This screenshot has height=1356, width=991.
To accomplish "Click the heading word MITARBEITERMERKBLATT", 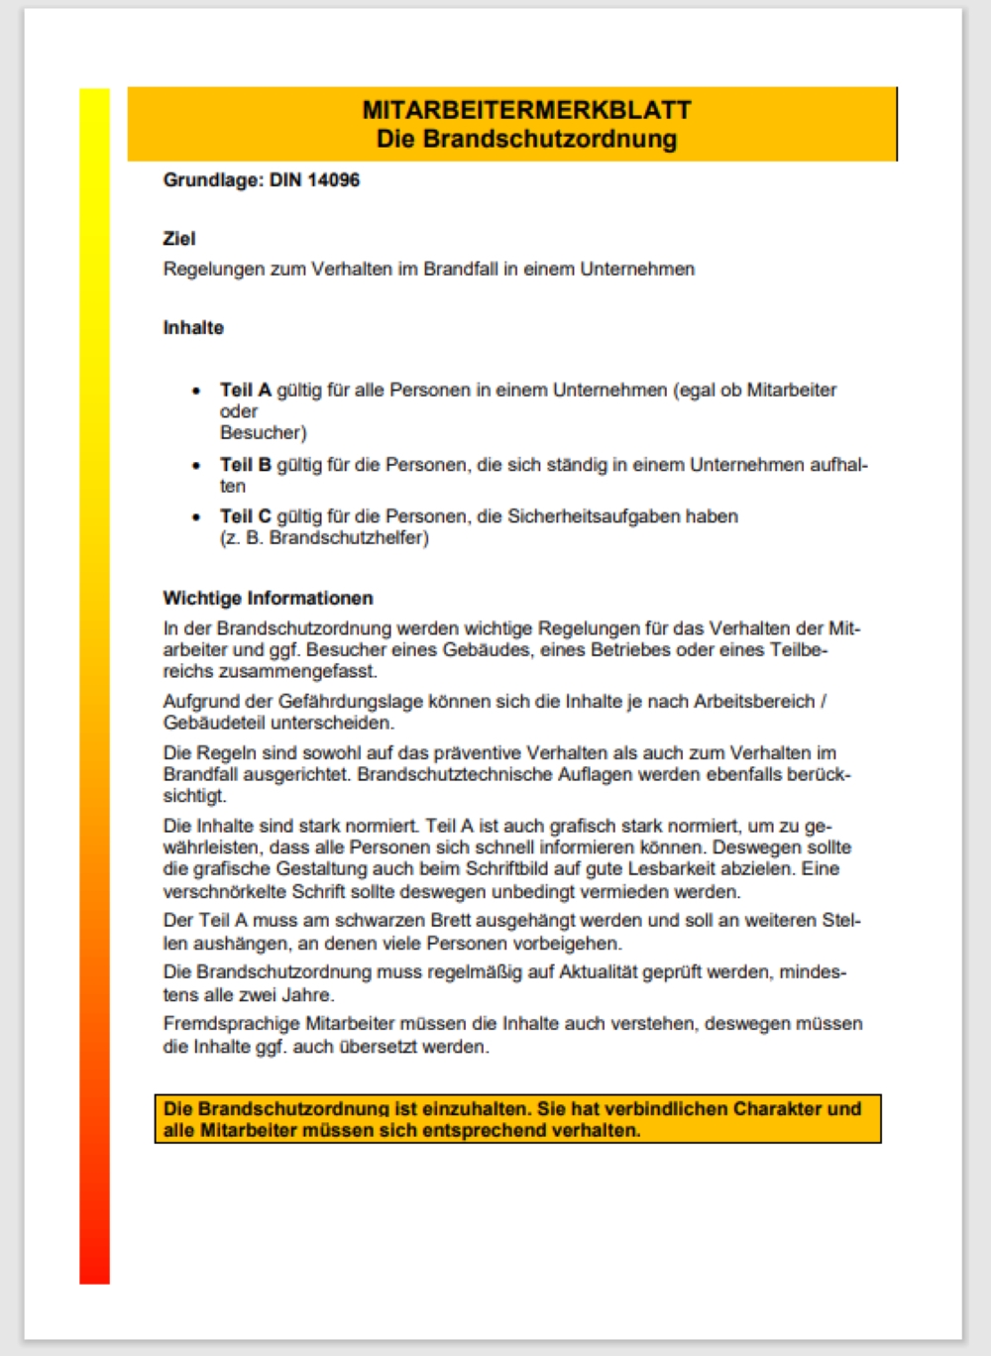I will click(x=526, y=110).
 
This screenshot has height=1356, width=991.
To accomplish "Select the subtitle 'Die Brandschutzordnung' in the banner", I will click(x=526, y=139).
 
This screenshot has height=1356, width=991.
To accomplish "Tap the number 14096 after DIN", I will click(x=333, y=180).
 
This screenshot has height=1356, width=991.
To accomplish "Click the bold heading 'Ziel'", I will click(x=179, y=239).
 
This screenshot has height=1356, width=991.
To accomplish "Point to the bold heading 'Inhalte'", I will click(x=193, y=328).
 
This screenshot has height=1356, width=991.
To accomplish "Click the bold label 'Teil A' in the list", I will click(x=246, y=391).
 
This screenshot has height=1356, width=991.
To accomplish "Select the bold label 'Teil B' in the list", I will click(x=246, y=465).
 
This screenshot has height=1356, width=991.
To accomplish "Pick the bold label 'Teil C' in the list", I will click(x=246, y=516).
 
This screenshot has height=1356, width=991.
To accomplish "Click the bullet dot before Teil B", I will click(x=196, y=465).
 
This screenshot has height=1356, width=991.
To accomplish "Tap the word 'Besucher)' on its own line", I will click(x=264, y=433).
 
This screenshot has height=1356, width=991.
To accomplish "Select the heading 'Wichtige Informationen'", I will click(x=269, y=599).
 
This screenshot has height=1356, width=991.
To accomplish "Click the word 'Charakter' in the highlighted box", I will click(x=777, y=1109).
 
